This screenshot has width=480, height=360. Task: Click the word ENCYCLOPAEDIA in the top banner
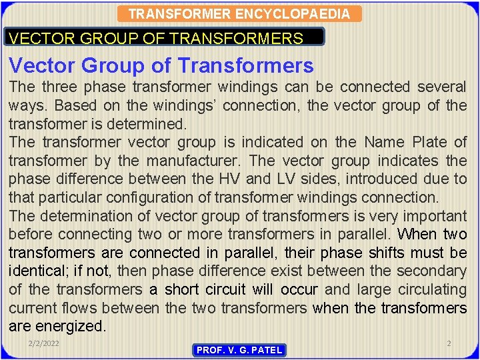pyautogui.click(x=309, y=14)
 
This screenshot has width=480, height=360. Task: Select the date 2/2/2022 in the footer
pyautogui.click(x=43, y=343)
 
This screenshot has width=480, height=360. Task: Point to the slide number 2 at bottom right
pyautogui.click(x=449, y=343)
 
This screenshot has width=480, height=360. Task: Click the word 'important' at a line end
pyautogui.click(x=431, y=216)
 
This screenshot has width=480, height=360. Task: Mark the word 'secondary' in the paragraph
pyautogui.click(x=431, y=271)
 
